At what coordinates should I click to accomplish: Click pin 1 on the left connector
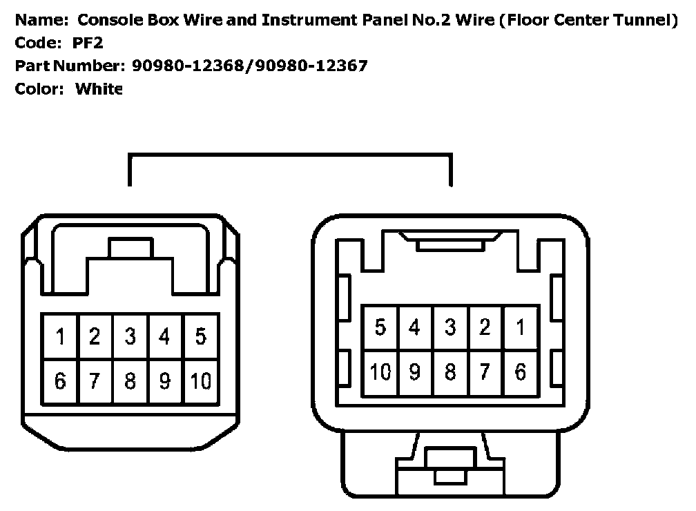click(x=61, y=337)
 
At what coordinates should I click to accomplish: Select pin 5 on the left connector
click(x=201, y=337)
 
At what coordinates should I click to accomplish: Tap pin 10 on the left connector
click(x=201, y=381)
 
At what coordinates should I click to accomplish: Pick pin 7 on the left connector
click(x=95, y=381)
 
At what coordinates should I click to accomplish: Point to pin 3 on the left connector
click(x=130, y=337)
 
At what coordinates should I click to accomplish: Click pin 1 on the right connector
click(x=521, y=327)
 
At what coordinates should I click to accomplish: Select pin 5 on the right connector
click(x=380, y=327)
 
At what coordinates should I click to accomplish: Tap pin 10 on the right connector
click(x=380, y=372)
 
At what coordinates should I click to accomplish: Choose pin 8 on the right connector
click(x=450, y=372)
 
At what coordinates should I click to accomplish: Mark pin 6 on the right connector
click(x=521, y=372)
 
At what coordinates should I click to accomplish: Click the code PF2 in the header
click(x=88, y=43)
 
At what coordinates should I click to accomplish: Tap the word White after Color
click(x=98, y=88)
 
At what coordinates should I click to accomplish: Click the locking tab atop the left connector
click(x=130, y=247)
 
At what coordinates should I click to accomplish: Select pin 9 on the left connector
click(x=165, y=381)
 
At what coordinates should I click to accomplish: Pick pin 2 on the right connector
click(x=485, y=327)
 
